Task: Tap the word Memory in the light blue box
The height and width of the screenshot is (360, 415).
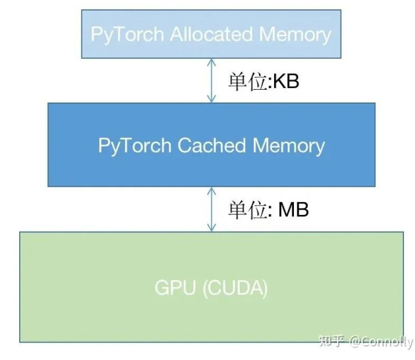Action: (x=295, y=34)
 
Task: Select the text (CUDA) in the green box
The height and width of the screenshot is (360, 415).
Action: (x=235, y=288)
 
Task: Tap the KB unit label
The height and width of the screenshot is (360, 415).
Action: (x=286, y=82)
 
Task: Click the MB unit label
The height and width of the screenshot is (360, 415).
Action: (x=293, y=210)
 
